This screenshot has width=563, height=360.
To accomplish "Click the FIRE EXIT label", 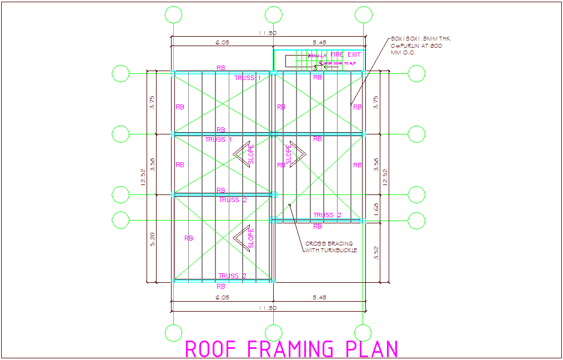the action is pyautogui.click(x=345, y=54).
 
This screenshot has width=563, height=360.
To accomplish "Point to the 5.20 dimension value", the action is pyautogui.click(x=152, y=239).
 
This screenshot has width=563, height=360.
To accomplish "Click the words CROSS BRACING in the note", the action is pyautogui.click(x=329, y=243).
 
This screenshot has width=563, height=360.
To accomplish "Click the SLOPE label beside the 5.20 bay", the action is pyautogui.click(x=251, y=238).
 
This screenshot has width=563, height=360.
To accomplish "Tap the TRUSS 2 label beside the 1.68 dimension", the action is pyautogui.click(x=328, y=215).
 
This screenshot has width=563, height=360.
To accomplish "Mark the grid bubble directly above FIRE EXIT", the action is pyautogui.click(x=363, y=14).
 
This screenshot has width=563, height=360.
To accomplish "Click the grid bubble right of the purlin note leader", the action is pyautogui.click(x=416, y=73).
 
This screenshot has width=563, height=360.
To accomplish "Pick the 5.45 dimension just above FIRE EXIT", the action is pyautogui.click(x=320, y=42).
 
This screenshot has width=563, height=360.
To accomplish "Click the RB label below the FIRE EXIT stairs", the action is pyautogui.click(x=318, y=78).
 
